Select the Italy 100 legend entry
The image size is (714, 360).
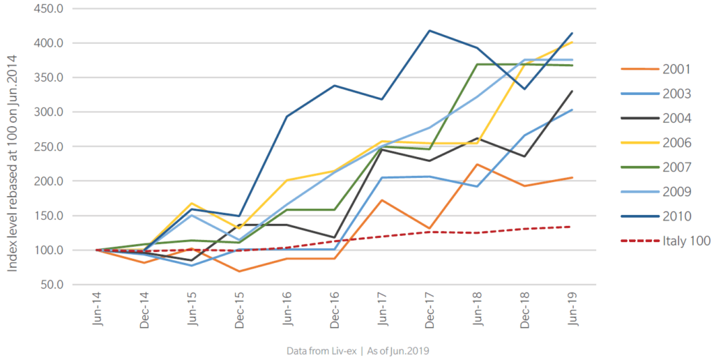tap(665, 241)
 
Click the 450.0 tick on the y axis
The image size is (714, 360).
tap(48, 8)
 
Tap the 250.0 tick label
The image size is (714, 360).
tap(48, 147)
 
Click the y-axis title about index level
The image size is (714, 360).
tap(13, 163)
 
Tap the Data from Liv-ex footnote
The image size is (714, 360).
tap(358, 352)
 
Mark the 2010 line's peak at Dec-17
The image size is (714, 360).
tap(430, 31)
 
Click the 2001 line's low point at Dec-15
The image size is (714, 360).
tap(240, 271)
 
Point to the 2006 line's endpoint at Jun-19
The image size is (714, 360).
tap(572, 43)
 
